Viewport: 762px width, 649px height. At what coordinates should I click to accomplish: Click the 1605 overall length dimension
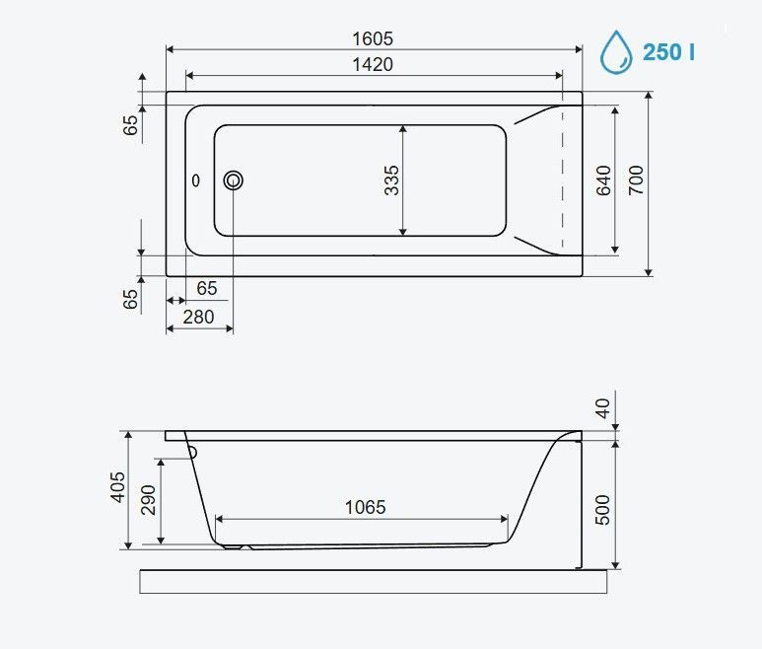[373, 38]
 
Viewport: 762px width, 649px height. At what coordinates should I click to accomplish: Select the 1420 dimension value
[373, 64]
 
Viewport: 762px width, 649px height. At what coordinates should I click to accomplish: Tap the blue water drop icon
[616, 52]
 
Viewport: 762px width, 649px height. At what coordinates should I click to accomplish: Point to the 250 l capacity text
[668, 52]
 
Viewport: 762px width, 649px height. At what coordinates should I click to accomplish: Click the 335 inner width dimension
[391, 180]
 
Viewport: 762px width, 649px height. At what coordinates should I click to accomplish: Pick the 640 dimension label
[603, 180]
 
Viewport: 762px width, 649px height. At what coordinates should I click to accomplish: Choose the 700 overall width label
[636, 180]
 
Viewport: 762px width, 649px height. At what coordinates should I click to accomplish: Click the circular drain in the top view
[234, 180]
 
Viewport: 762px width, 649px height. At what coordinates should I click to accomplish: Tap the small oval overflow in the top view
[196, 180]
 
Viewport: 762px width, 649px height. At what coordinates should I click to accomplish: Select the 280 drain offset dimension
[198, 317]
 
